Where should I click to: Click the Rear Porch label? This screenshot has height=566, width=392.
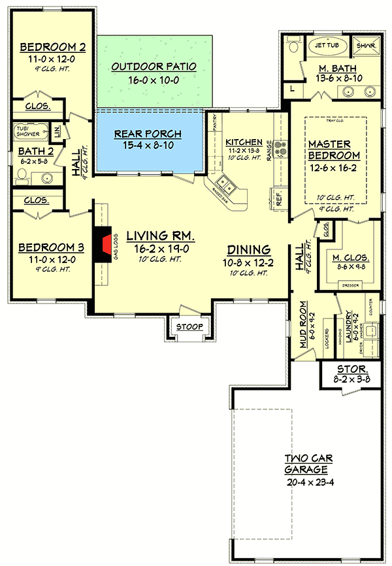[148, 134]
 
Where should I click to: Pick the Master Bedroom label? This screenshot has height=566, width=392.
[334, 149]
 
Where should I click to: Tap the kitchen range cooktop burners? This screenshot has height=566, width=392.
[281, 149]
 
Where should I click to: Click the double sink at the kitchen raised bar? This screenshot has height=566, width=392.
[227, 187]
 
